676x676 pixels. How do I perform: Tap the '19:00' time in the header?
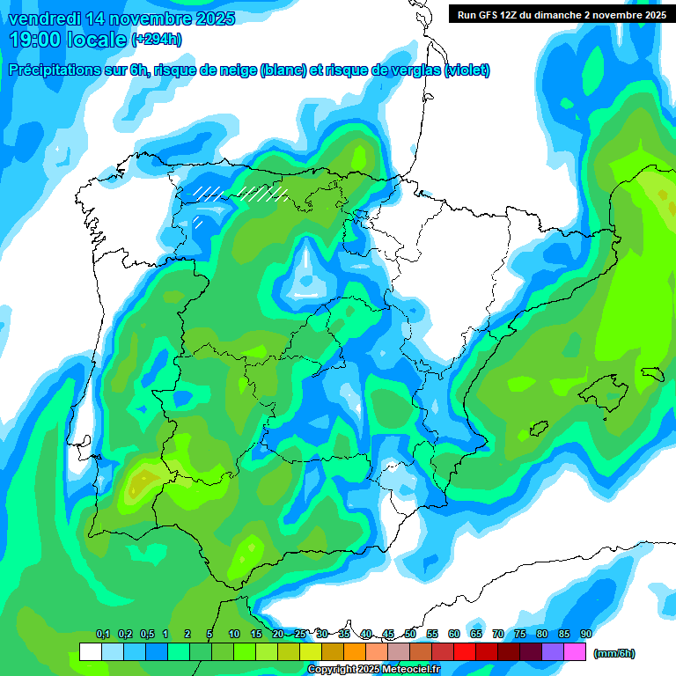[x=36, y=40]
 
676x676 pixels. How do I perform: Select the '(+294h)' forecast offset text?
[x=157, y=40]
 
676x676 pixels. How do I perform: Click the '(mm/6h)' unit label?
[x=614, y=653]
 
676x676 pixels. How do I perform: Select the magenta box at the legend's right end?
[x=575, y=652]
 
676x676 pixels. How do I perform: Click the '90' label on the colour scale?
[x=586, y=634]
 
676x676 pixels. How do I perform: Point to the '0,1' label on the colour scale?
[x=103, y=634]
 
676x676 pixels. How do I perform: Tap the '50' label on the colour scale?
[x=410, y=634]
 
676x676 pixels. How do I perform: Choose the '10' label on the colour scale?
[x=234, y=634]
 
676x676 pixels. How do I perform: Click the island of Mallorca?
[x=603, y=388]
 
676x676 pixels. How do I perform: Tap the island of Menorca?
[x=652, y=371]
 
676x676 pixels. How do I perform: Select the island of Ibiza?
[x=536, y=430]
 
